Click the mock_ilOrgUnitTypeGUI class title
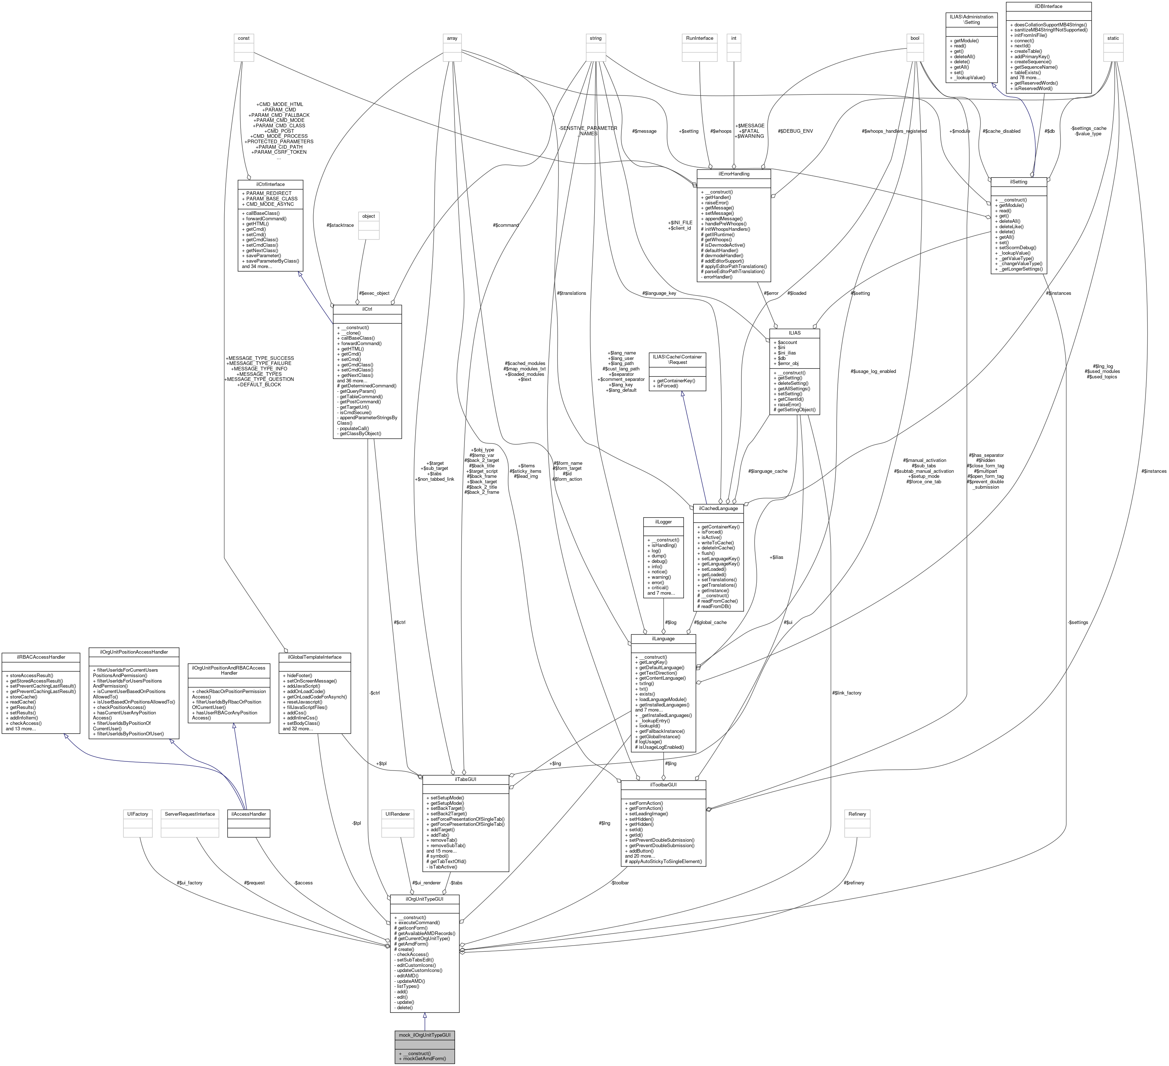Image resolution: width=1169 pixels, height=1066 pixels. (425, 1035)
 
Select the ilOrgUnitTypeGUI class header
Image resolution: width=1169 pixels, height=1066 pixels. (425, 900)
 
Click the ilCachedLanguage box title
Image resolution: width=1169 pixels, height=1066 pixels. (718, 508)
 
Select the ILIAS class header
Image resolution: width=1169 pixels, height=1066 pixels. (794, 333)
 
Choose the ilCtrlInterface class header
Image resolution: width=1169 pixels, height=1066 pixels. (269, 184)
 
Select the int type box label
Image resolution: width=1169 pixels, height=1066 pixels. (734, 38)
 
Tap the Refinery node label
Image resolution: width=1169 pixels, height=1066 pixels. (857, 814)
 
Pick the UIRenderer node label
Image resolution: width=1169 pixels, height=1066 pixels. (397, 814)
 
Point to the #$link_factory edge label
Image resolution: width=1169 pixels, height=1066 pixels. (846, 693)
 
